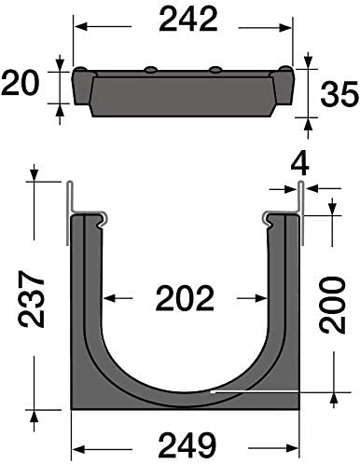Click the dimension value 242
tap(188, 20)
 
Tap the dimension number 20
tap(21, 84)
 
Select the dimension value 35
tap(339, 94)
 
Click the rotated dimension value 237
tap(32, 299)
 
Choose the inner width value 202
tap(185, 299)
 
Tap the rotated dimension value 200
tap(333, 306)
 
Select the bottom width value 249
tap(188, 444)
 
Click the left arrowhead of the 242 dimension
tap(80, 27)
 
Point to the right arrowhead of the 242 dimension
tap(285, 27)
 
